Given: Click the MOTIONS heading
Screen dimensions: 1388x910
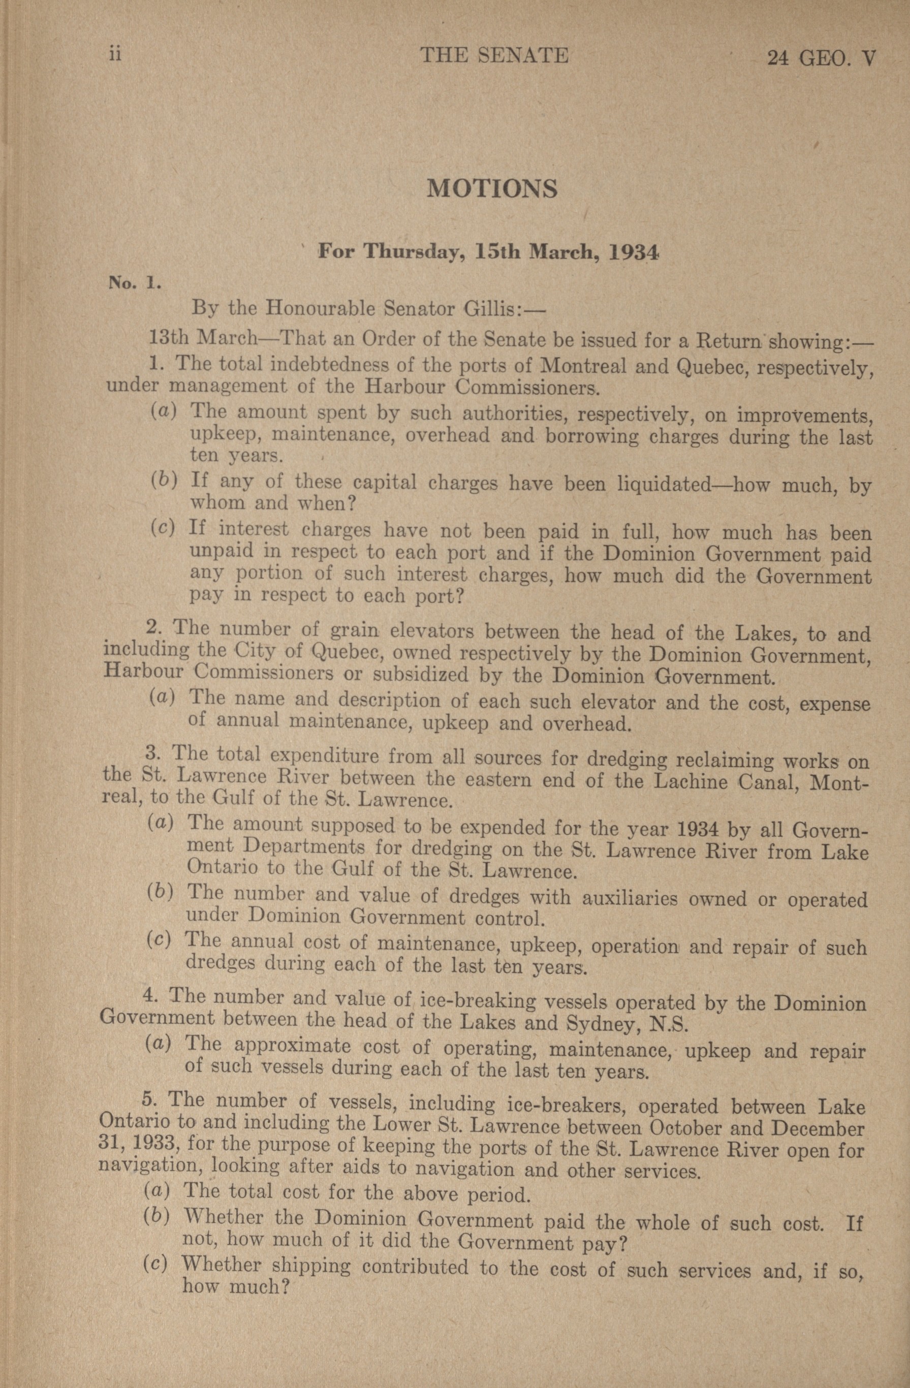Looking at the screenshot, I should tap(492, 190).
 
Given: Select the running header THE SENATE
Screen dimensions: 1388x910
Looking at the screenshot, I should tap(494, 55).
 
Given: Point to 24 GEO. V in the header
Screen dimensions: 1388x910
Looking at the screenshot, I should tap(823, 58).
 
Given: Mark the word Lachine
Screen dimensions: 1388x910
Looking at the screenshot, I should tap(692, 780).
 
